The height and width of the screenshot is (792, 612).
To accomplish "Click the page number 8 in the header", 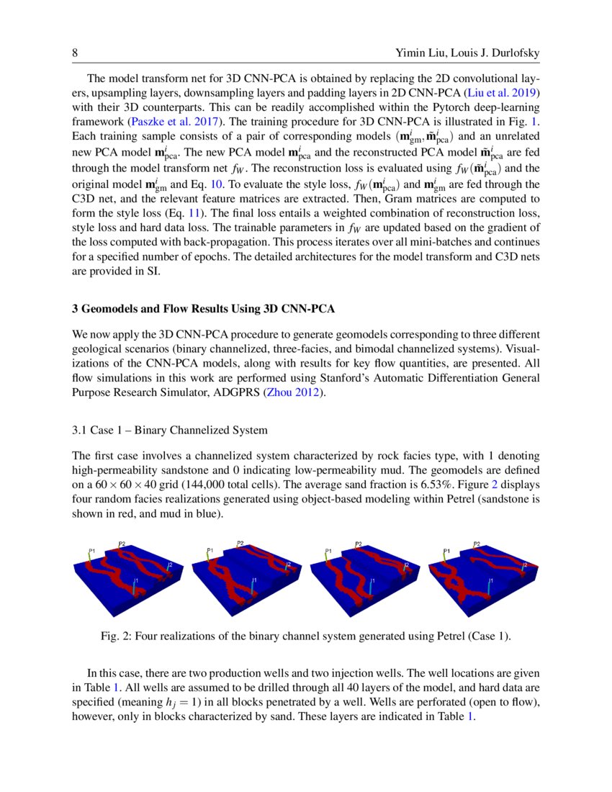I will (x=75, y=54).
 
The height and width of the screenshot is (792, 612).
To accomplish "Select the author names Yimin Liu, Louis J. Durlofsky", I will (x=467, y=54).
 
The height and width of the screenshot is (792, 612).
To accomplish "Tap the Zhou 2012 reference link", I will (x=288, y=392).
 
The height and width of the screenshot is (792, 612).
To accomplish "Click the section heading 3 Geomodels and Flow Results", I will (x=204, y=309).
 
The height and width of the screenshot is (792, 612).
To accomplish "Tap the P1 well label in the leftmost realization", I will (x=91, y=551).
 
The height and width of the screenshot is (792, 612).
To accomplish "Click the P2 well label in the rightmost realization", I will (x=477, y=544).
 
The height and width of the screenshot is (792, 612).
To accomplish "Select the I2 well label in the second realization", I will (x=288, y=564).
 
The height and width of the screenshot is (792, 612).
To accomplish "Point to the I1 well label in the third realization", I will (x=372, y=580).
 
